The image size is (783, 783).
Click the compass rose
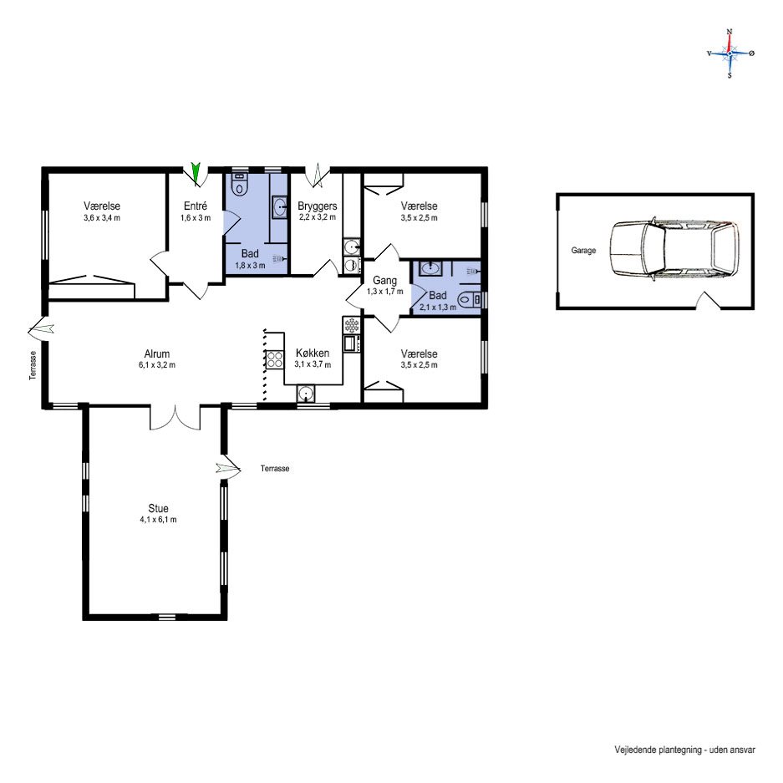point(730,53)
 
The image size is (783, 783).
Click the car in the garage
point(674,249)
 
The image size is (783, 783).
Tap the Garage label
point(583,250)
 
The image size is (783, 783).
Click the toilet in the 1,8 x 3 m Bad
point(240,185)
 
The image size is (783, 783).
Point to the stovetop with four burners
point(275,359)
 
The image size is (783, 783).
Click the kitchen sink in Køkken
point(305,394)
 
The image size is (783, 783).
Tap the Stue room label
point(158,508)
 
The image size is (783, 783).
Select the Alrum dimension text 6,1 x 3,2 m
point(157,365)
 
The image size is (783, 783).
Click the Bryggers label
point(317,206)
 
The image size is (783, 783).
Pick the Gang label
point(384,281)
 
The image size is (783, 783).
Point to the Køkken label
point(312,353)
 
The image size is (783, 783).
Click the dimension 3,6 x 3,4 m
point(102,218)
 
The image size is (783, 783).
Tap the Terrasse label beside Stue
point(275,469)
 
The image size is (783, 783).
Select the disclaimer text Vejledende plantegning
point(658,750)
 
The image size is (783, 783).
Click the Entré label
point(196,206)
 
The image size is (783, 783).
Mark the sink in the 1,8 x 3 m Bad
point(280,206)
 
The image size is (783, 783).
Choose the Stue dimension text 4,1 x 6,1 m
point(158,520)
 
